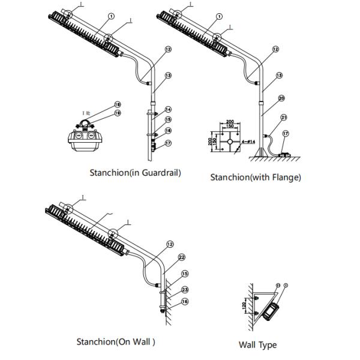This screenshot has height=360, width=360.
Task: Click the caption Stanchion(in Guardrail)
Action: click(x=135, y=173)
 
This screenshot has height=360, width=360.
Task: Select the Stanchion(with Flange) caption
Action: click(x=256, y=177)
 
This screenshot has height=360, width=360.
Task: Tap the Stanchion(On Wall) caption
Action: click(x=116, y=342)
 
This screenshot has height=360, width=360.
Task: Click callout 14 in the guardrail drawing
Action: click(x=169, y=109)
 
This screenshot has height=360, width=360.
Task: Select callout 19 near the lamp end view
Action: click(x=118, y=113)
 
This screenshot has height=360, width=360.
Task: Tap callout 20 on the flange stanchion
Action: click(x=281, y=98)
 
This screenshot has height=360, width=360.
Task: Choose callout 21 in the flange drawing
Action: click(x=284, y=117)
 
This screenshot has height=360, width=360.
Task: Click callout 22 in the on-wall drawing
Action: click(x=181, y=257)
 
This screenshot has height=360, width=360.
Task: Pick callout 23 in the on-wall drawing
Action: click(x=185, y=289)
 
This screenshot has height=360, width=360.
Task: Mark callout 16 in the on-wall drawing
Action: click(x=185, y=302)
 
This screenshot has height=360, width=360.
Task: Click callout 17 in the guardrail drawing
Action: click(x=169, y=143)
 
